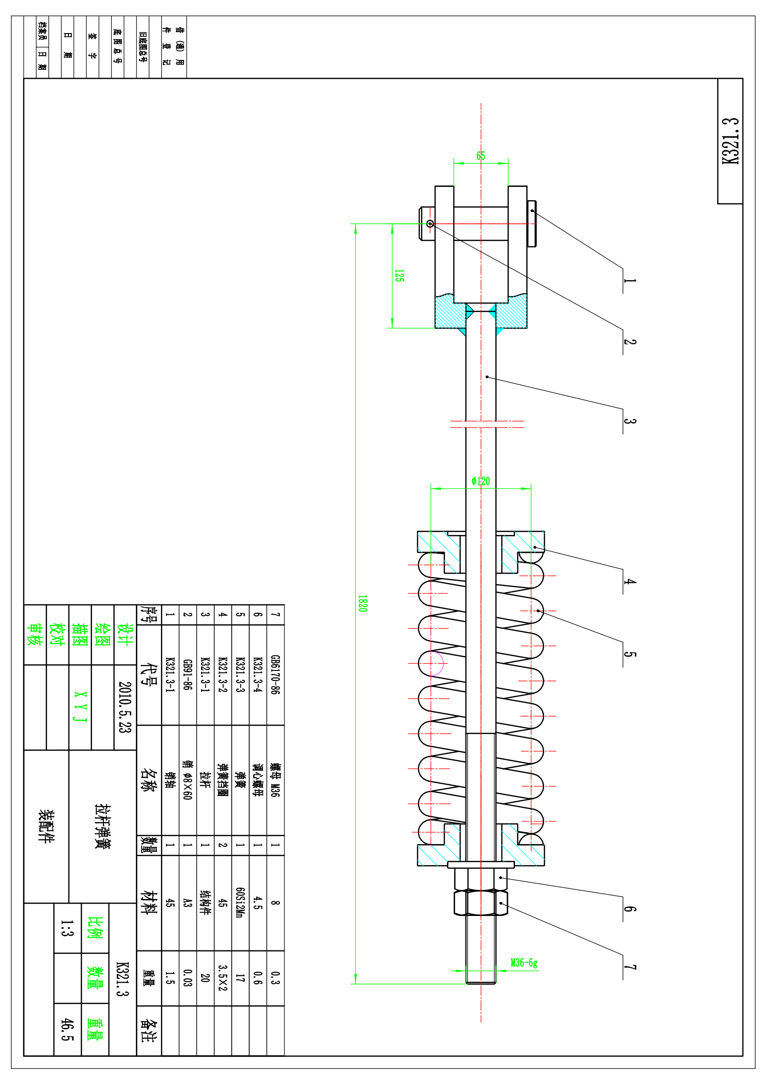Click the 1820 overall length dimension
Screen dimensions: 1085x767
(362, 603)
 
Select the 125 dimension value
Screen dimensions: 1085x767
(399, 276)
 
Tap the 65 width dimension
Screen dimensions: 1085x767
(481, 156)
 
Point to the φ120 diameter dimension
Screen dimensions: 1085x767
(481, 481)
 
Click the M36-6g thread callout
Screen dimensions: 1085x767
(524, 963)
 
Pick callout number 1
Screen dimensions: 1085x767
(630, 281)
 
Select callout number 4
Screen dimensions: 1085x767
(630, 582)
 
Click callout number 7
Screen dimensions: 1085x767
(630, 967)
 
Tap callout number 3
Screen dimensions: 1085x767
(630, 421)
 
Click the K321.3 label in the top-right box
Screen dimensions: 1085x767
(730, 141)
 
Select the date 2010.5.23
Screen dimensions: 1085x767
(125, 707)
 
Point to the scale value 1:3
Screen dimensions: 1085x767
(67, 928)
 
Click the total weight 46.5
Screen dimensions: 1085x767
(67, 1030)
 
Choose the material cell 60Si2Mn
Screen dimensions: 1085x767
(240, 902)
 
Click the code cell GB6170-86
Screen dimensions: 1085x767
(275, 674)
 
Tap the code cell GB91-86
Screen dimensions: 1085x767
(187, 674)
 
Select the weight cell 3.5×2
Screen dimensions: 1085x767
(222, 978)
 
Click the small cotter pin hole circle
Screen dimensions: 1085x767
(430, 223)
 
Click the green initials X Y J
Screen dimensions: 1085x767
(80, 707)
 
